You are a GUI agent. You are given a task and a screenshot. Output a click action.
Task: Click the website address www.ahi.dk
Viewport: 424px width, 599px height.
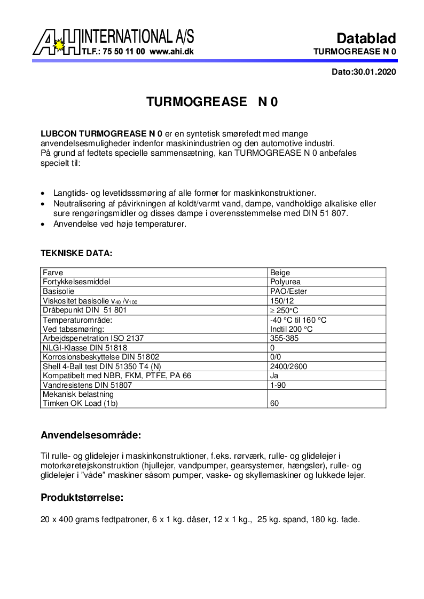tap(171, 52)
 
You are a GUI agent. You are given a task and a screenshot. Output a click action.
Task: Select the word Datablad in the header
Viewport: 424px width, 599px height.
tap(366, 38)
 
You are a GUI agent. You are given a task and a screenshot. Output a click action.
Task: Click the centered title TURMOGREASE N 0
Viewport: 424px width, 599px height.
tap(212, 102)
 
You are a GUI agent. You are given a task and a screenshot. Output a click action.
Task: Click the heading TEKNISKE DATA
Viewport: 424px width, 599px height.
tap(76, 253)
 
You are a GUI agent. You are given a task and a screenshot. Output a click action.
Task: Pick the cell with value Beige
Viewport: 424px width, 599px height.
tap(280, 273)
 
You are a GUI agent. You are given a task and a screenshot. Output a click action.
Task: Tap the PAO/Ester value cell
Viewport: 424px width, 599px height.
tap(288, 291)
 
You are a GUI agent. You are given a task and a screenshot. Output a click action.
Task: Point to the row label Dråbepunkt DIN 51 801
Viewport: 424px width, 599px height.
tap(84, 310)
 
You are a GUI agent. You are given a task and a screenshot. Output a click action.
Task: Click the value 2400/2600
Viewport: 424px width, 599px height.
tap(288, 366)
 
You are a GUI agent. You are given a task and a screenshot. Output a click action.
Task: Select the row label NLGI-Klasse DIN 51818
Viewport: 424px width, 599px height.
tap(84, 348)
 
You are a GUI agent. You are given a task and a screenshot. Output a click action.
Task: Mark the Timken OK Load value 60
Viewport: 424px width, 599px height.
tap(274, 403)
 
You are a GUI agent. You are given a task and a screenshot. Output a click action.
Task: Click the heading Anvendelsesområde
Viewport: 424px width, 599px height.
tap(91, 435)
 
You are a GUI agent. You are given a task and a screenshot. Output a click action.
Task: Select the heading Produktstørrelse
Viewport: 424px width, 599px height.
tap(82, 498)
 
